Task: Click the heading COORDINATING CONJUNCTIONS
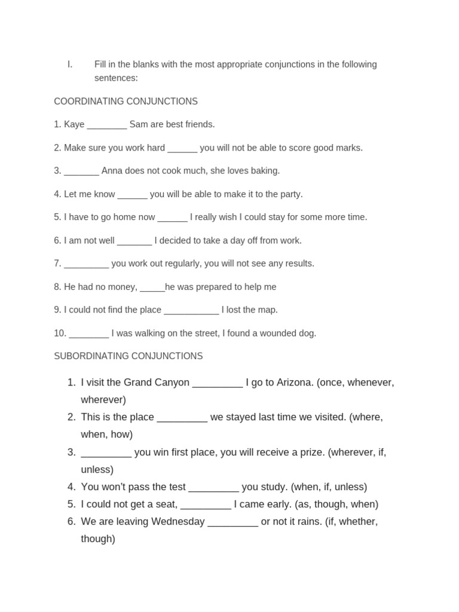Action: [126, 102]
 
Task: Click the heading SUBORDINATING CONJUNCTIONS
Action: [128, 356]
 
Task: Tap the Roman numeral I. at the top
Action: [70, 65]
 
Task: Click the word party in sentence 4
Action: [290, 194]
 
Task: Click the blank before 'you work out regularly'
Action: [86, 264]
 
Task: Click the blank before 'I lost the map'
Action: [191, 311]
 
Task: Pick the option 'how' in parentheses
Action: [121, 434]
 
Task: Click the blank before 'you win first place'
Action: [106, 453]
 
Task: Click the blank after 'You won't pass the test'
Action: [213, 488]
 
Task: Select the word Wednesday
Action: [178, 522]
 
